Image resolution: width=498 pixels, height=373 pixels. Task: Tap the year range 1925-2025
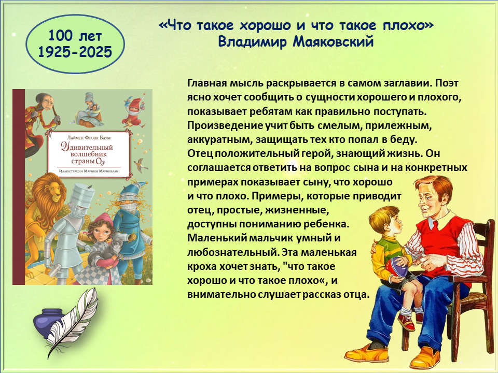[x=75, y=52]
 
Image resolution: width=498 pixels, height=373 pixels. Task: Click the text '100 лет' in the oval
[x=75, y=36]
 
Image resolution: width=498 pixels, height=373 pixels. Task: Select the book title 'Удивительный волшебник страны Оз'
[x=88, y=154]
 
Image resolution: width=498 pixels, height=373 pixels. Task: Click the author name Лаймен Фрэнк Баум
[x=89, y=138]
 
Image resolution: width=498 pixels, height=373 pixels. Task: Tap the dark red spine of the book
[x=19, y=187]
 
